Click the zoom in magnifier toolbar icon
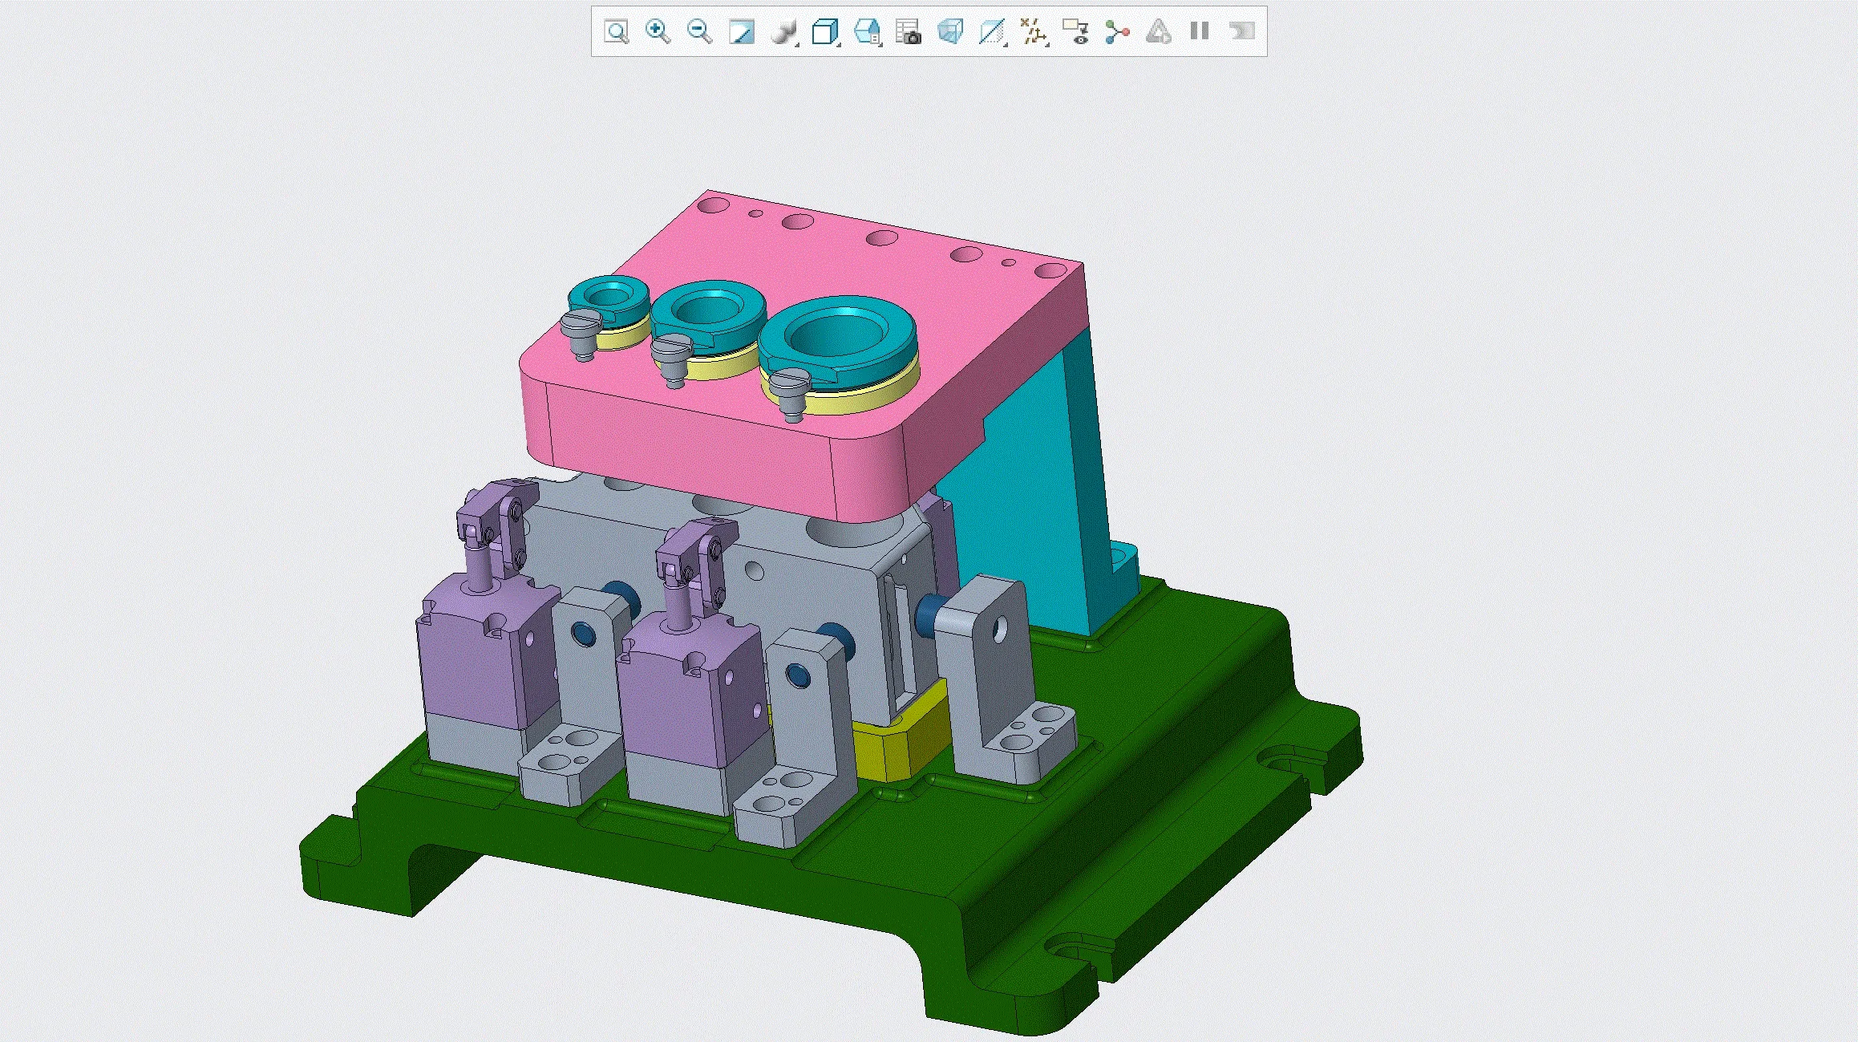click(x=658, y=32)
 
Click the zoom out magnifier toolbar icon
click(x=699, y=32)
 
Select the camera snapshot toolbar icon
click(x=908, y=32)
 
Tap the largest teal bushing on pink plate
click(x=837, y=340)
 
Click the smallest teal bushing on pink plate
click(x=608, y=300)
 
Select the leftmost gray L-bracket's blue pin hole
click(x=584, y=635)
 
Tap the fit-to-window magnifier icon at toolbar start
click(x=616, y=32)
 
